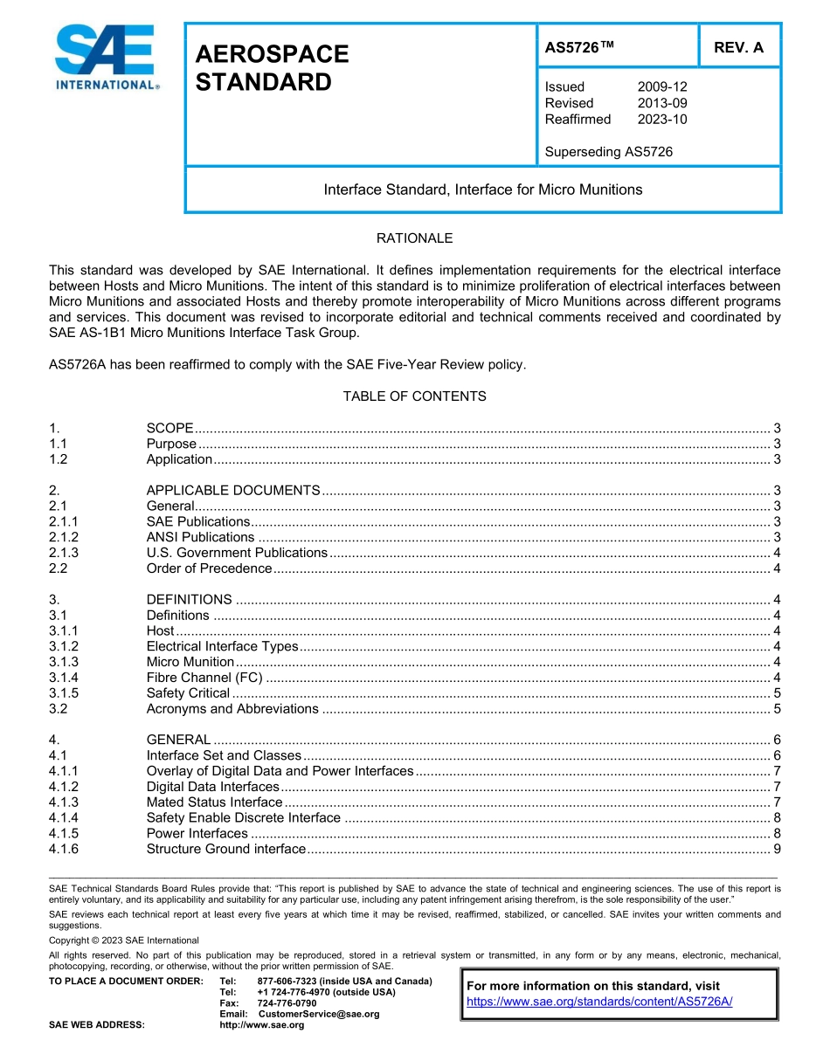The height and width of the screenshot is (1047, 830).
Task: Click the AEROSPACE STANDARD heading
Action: (272, 68)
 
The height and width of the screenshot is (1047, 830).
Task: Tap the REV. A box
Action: (738, 48)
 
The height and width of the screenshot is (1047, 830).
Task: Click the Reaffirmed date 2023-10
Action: (662, 119)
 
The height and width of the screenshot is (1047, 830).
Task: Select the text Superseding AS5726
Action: (608, 152)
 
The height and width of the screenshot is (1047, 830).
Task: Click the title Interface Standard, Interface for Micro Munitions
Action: (482, 189)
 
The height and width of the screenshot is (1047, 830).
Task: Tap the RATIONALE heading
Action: (414, 238)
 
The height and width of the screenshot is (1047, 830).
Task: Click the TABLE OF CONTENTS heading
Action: (414, 396)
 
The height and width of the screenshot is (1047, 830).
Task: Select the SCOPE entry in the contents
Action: (169, 428)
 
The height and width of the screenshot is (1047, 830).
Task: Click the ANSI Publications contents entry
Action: (200, 537)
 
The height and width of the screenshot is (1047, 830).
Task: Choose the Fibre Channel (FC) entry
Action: (204, 678)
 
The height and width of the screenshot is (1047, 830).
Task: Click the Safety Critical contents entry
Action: (188, 693)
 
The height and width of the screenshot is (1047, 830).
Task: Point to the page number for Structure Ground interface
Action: (777, 849)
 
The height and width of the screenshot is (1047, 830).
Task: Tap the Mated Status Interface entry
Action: (214, 802)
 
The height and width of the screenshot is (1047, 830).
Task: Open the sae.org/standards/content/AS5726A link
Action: (599, 1002)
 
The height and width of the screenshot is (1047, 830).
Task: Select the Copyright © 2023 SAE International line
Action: (124, 940)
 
